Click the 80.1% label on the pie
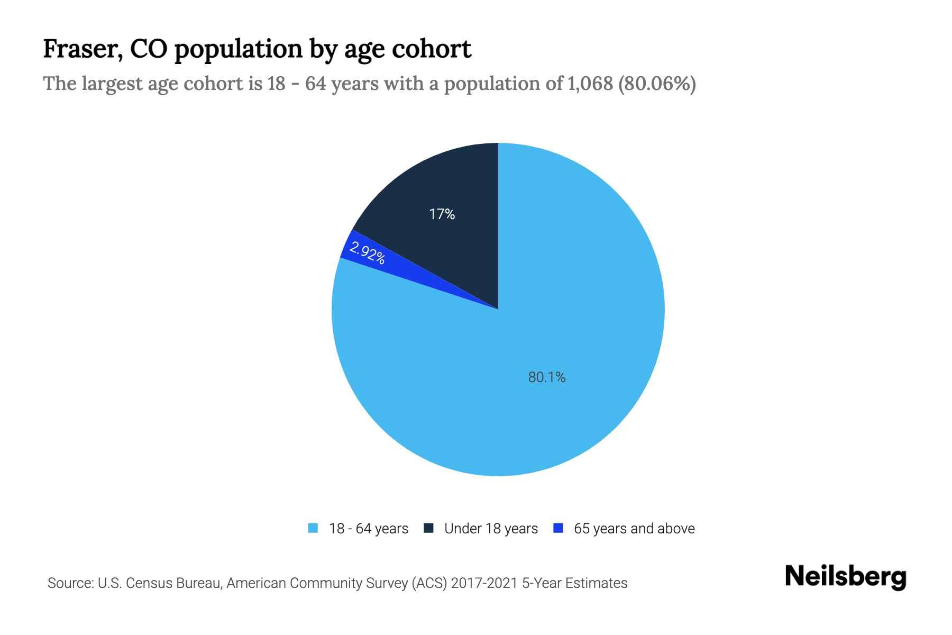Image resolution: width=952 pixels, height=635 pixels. point(547,377)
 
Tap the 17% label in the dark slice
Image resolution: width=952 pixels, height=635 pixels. point(442,214)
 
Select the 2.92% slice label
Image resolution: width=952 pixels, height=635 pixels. point(367,253)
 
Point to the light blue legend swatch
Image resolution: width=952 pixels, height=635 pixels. point(313,528)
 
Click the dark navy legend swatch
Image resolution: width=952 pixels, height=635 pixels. point(428,528)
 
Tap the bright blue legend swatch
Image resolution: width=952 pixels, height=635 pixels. point(557,528)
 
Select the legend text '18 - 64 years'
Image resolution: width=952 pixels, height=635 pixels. point(369,529)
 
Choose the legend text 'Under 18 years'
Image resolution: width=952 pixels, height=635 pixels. point(491,529)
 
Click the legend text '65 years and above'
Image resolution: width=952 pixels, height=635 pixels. point(634,529)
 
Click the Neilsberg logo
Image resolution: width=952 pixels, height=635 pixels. point(845,577)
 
